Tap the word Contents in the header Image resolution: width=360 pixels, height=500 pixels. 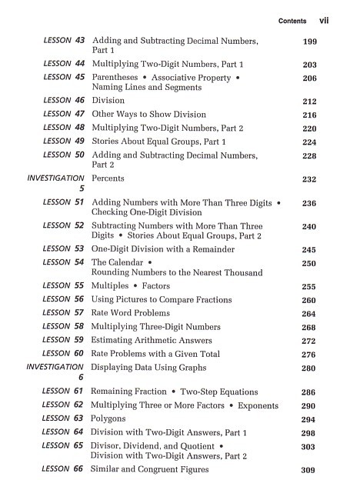click(x=293, y=21)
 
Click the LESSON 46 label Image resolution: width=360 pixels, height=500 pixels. click(x=64, y=101)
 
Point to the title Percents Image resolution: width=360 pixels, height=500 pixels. click(x=108, y=178)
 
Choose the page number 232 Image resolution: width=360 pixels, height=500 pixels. click(x=309, y=179)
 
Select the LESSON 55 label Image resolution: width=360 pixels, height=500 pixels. click(x=64, y=286)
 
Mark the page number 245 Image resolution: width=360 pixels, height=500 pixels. click(x=309, y=250)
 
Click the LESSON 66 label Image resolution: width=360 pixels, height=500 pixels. click(x=64, y=469)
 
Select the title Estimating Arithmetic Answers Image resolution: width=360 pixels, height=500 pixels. click(x=152, y=341)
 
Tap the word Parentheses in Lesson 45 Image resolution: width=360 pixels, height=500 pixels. click(x=119, y=78)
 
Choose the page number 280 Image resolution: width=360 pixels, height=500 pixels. click(x=309, y=368)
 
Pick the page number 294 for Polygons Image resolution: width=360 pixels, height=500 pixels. click(x=309, y=420)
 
